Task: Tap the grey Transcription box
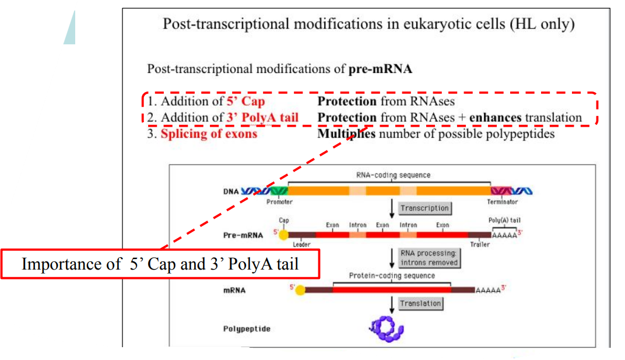424,208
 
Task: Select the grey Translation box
420,303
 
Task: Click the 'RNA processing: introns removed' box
429,258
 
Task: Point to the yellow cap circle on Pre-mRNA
283,235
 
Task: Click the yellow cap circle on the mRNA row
300,290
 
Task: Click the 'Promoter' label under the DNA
279,202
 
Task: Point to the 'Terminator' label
503,202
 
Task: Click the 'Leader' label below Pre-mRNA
301,244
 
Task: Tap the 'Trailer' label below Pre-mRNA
480,244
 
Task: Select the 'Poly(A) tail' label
504,220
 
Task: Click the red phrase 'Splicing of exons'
209,134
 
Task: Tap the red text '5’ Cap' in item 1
245,102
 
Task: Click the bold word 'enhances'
495,117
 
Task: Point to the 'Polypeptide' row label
247,329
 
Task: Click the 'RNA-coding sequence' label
393,174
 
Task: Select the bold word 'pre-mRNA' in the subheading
380,69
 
